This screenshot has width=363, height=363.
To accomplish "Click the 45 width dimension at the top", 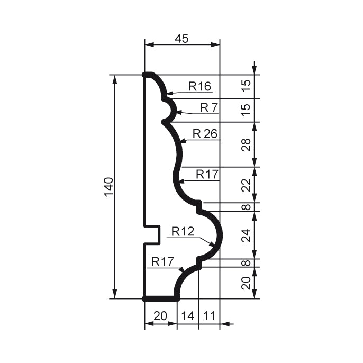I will pos(181,38).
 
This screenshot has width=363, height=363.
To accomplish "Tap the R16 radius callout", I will pos(199,87).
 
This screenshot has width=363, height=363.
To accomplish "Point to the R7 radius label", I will pos(208,107).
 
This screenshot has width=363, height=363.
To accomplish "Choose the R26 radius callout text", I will pos(205,133).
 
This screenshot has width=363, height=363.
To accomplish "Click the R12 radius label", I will pos(183,231).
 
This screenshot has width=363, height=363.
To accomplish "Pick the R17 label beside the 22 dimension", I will pos(207,174).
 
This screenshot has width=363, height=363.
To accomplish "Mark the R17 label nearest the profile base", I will pos(162,261).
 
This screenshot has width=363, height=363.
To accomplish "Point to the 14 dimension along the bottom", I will pos(188,316).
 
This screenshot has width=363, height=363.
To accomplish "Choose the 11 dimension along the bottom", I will pos(209,316).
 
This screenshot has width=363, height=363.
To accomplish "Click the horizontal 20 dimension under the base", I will pos(160,316).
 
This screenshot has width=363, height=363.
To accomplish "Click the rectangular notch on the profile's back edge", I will pos(153,234).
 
